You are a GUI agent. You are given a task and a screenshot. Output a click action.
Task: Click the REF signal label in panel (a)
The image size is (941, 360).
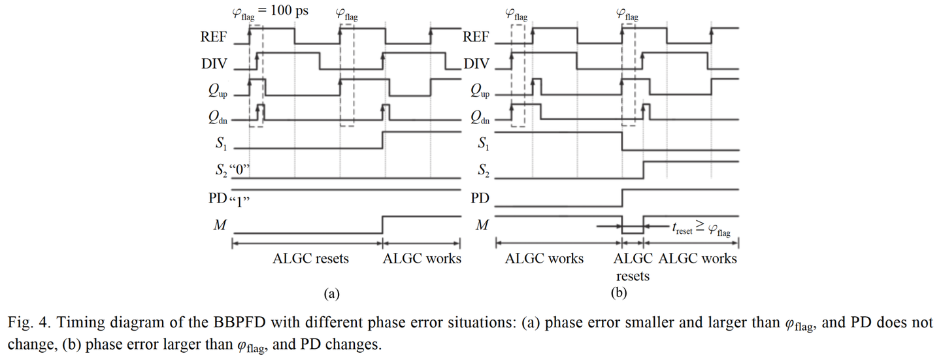[x=214, y=37]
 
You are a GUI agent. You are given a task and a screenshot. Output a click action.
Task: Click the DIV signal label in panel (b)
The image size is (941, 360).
[x=476, y=63]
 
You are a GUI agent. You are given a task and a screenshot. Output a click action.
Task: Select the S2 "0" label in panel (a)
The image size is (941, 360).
[x=232, y=171]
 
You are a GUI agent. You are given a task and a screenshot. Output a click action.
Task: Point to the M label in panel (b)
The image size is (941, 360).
[x=482, y=225]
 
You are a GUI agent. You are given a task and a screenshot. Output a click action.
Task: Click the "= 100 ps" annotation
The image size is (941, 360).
[x=284, y=10]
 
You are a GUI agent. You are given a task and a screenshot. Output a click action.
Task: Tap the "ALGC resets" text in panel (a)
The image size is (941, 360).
[x=310, y=259]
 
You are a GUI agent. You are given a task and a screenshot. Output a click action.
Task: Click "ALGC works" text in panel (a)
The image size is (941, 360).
[x=421, y=259]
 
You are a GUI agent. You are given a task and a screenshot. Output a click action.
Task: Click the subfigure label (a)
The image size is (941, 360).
[x=331, y=293]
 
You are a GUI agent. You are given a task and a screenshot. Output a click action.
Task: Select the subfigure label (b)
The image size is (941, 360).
[x=619, y=293]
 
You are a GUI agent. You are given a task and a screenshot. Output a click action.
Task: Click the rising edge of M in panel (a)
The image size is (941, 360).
[x=382, y=225]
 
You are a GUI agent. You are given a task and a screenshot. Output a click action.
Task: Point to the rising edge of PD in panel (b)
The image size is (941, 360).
[x=622, y=197]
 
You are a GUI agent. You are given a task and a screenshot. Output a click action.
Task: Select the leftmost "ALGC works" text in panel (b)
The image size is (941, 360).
[x=544, y=259]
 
